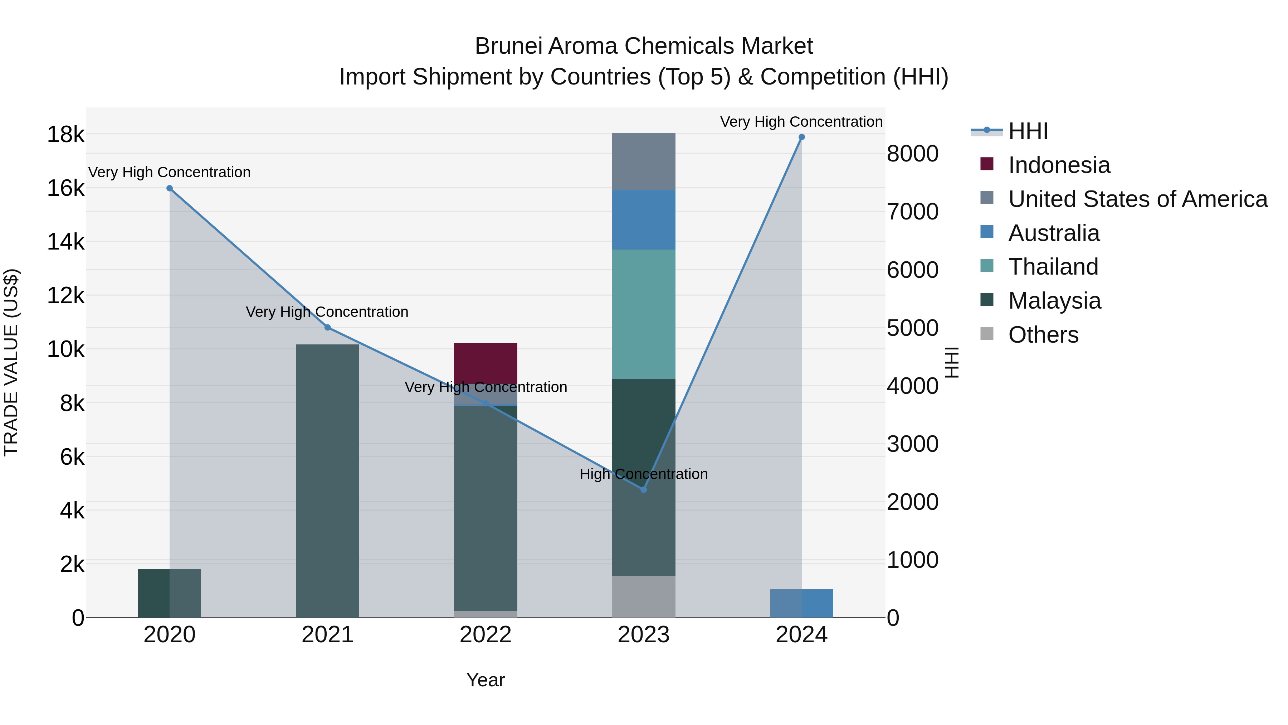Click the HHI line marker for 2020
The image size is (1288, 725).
pos(170,188)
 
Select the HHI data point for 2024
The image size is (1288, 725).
pos(801,137)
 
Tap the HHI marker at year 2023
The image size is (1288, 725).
pos(644,489)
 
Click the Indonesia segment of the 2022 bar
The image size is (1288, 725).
pos(486,363)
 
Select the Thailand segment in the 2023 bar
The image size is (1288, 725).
pos(644,314)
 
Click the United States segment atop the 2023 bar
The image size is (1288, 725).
pos(644,161)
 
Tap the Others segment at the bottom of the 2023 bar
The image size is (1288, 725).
pos(644,596)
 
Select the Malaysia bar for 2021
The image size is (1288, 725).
pos(327,480)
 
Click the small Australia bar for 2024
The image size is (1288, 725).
pos(801,603)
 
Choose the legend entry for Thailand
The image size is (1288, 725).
pos(1053,267)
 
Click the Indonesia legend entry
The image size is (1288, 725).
pos(1059,165)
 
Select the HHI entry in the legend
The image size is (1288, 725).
pos(1028,131)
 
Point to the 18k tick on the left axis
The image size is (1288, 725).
pos(65,135)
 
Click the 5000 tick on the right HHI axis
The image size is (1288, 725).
pos(912,328)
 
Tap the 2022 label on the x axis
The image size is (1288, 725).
pos(486,635)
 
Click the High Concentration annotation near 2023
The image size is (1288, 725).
pos(644,474)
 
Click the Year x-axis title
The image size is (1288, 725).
pos(486,680)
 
